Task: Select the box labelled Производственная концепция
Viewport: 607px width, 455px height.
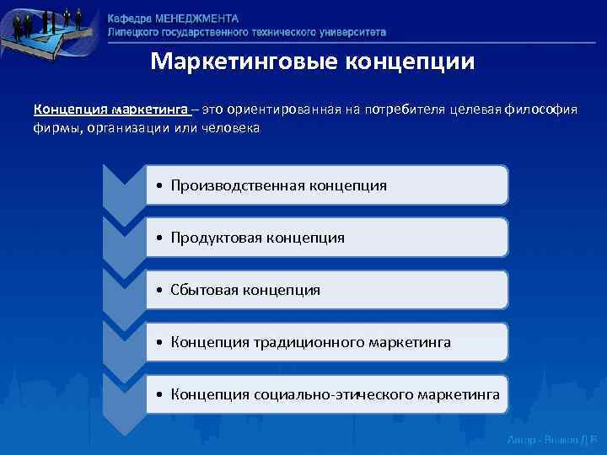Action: (x=326, y=185)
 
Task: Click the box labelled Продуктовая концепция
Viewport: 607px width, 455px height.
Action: (x=326, y=238)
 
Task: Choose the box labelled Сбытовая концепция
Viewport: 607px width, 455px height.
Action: (x=326, y=290)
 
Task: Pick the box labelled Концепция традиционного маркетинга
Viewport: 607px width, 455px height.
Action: (x=326, y=342)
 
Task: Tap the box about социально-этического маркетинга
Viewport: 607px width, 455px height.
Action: (x=326, y=394)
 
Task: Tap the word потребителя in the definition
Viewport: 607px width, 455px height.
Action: (x=402, y=110)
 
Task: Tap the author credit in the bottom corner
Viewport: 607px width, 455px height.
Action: (x=551, y=440)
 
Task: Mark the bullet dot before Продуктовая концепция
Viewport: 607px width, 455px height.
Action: (x=159, y=238)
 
